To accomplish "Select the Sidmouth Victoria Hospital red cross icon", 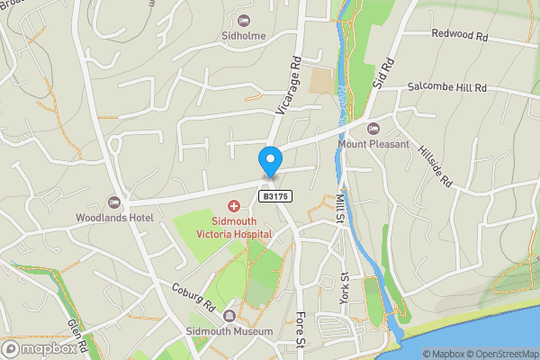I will click(233, 208).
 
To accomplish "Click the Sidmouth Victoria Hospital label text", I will click(234, 227).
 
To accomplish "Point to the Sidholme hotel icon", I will click(242, 21).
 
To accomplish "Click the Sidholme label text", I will click(242, 36).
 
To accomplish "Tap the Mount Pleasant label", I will click(373, 143).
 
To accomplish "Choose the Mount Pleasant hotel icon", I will click(373, 128).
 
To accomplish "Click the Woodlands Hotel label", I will click(114, 217).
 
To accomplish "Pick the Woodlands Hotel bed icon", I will click(114, 202).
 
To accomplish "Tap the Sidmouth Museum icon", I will click(230, 316).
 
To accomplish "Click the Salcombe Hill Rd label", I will click(446, 87).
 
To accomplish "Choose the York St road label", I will click(343, 293).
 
